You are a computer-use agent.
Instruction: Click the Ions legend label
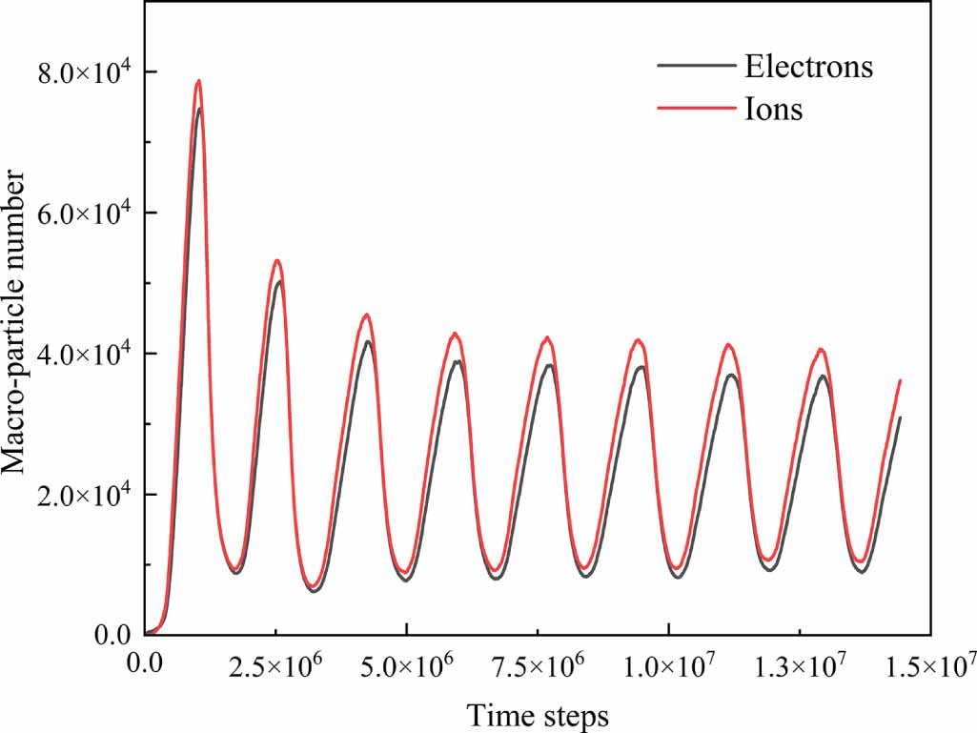pyautogui.click(x=773, y=110)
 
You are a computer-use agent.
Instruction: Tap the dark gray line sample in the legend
pyautogui.click(x=694, y=67)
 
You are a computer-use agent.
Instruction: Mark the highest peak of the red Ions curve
pyautogui.click(x=198, y=81)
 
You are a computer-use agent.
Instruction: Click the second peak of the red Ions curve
pyautogui.click(x=277, y=260)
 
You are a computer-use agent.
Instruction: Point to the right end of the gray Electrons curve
pyautogui.click(x=900, y=417)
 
